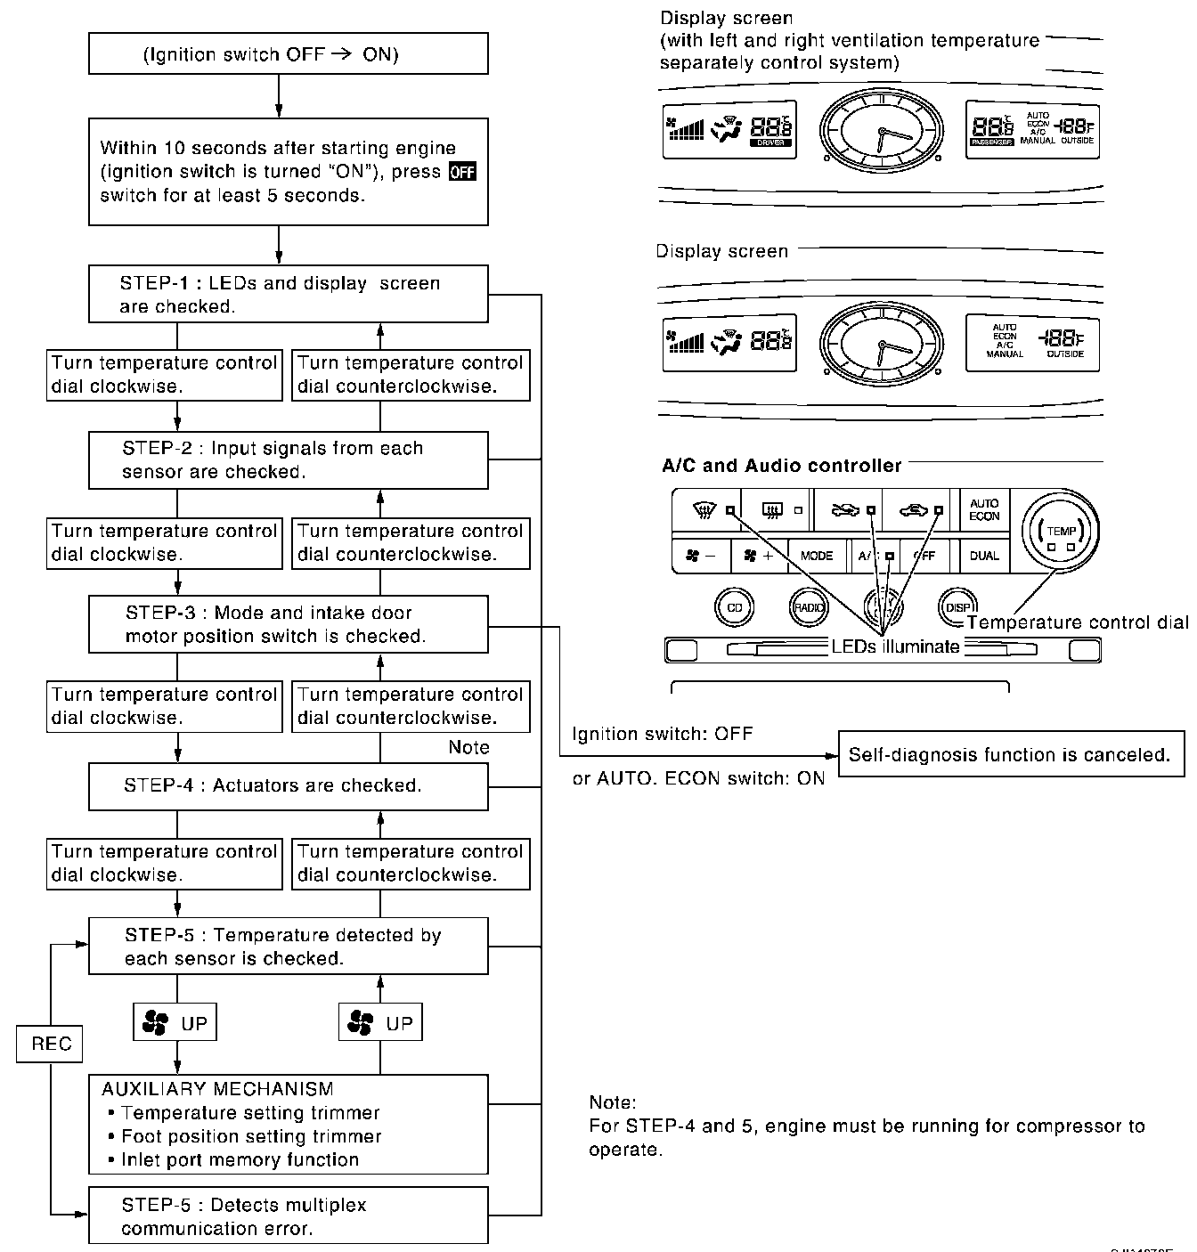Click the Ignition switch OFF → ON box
tap(288, 54)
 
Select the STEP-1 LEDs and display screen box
tap(288, 294)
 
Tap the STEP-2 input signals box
tap(288, 459)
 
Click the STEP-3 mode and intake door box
tap(288, 624)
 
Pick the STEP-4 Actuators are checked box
tap(288, 786)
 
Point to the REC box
tap(50, 1044)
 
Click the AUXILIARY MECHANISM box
tap(288, 1124)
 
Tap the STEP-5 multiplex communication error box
tap(288, 1215)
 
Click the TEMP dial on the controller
tap(1060, 532)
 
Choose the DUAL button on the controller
tap(984, 556)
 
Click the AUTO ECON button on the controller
tap(984, 509)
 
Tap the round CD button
tap(735, 607)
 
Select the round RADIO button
tap(809, 607)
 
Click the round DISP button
tap(957, 607)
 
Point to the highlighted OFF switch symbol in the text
tap(462, 172)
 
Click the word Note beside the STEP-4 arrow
tap(468, 747)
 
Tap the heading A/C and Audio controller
tap(781, 465)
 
